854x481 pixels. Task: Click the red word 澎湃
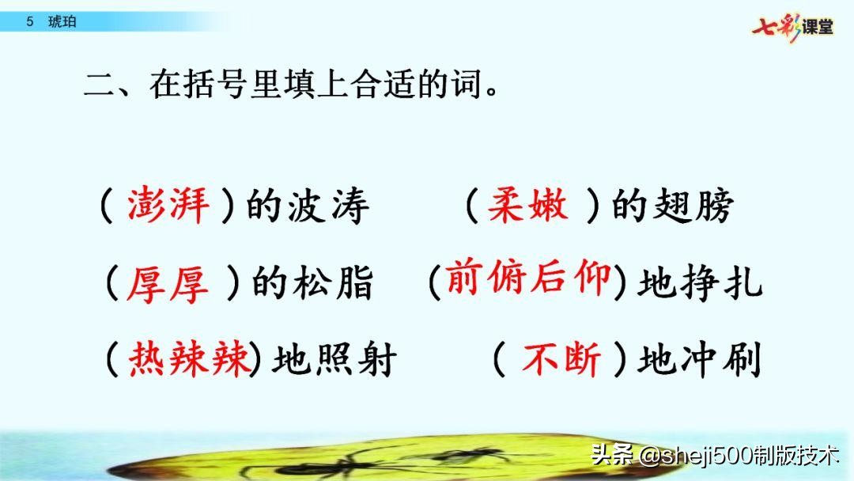click(168, 207)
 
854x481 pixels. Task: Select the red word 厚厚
click(168, 284)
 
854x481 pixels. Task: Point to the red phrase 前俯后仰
click(528, 279)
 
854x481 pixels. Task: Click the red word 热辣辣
click(190, 361)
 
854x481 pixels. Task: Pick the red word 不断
click(562, 361)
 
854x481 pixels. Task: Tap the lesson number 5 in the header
click(29, 22)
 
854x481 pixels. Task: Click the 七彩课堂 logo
click(792, 26)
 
